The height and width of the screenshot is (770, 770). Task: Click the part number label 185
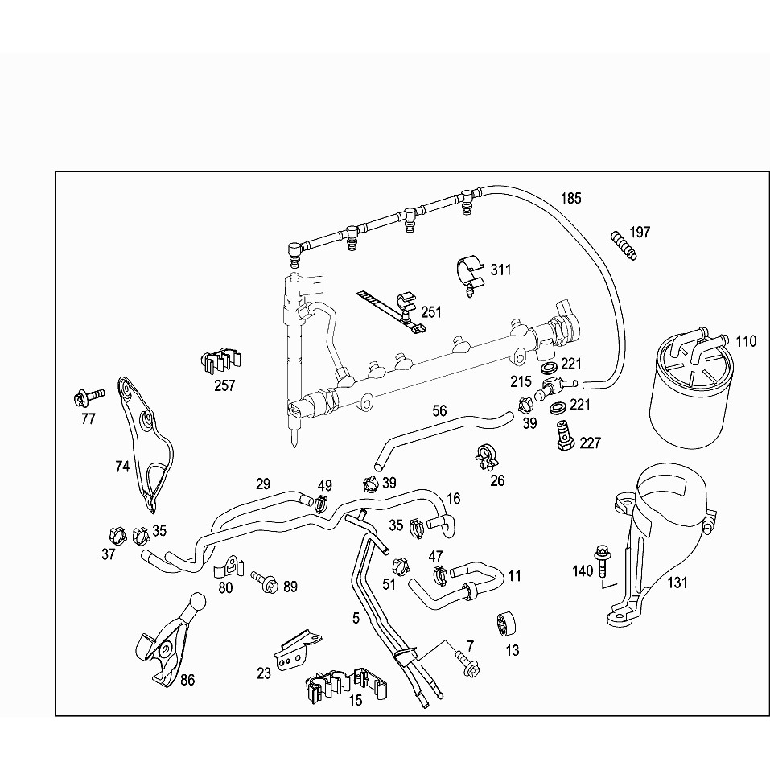click(570, 198)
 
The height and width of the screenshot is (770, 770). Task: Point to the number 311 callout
click(500, 270)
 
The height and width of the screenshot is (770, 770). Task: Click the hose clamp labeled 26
click(488, 458)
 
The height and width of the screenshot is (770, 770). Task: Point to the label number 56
click(439, 410)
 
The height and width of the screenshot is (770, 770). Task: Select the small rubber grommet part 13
click(505, 623)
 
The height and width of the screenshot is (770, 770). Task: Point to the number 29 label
click(263, 484)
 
